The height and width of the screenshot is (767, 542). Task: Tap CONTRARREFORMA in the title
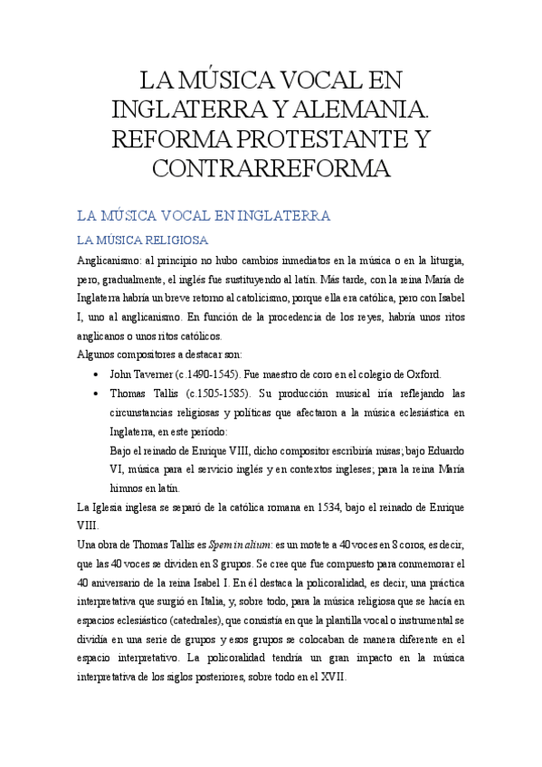pos(271,168)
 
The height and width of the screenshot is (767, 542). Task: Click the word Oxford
pos(421,374)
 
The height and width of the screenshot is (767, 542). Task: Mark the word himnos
pos(126,488)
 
